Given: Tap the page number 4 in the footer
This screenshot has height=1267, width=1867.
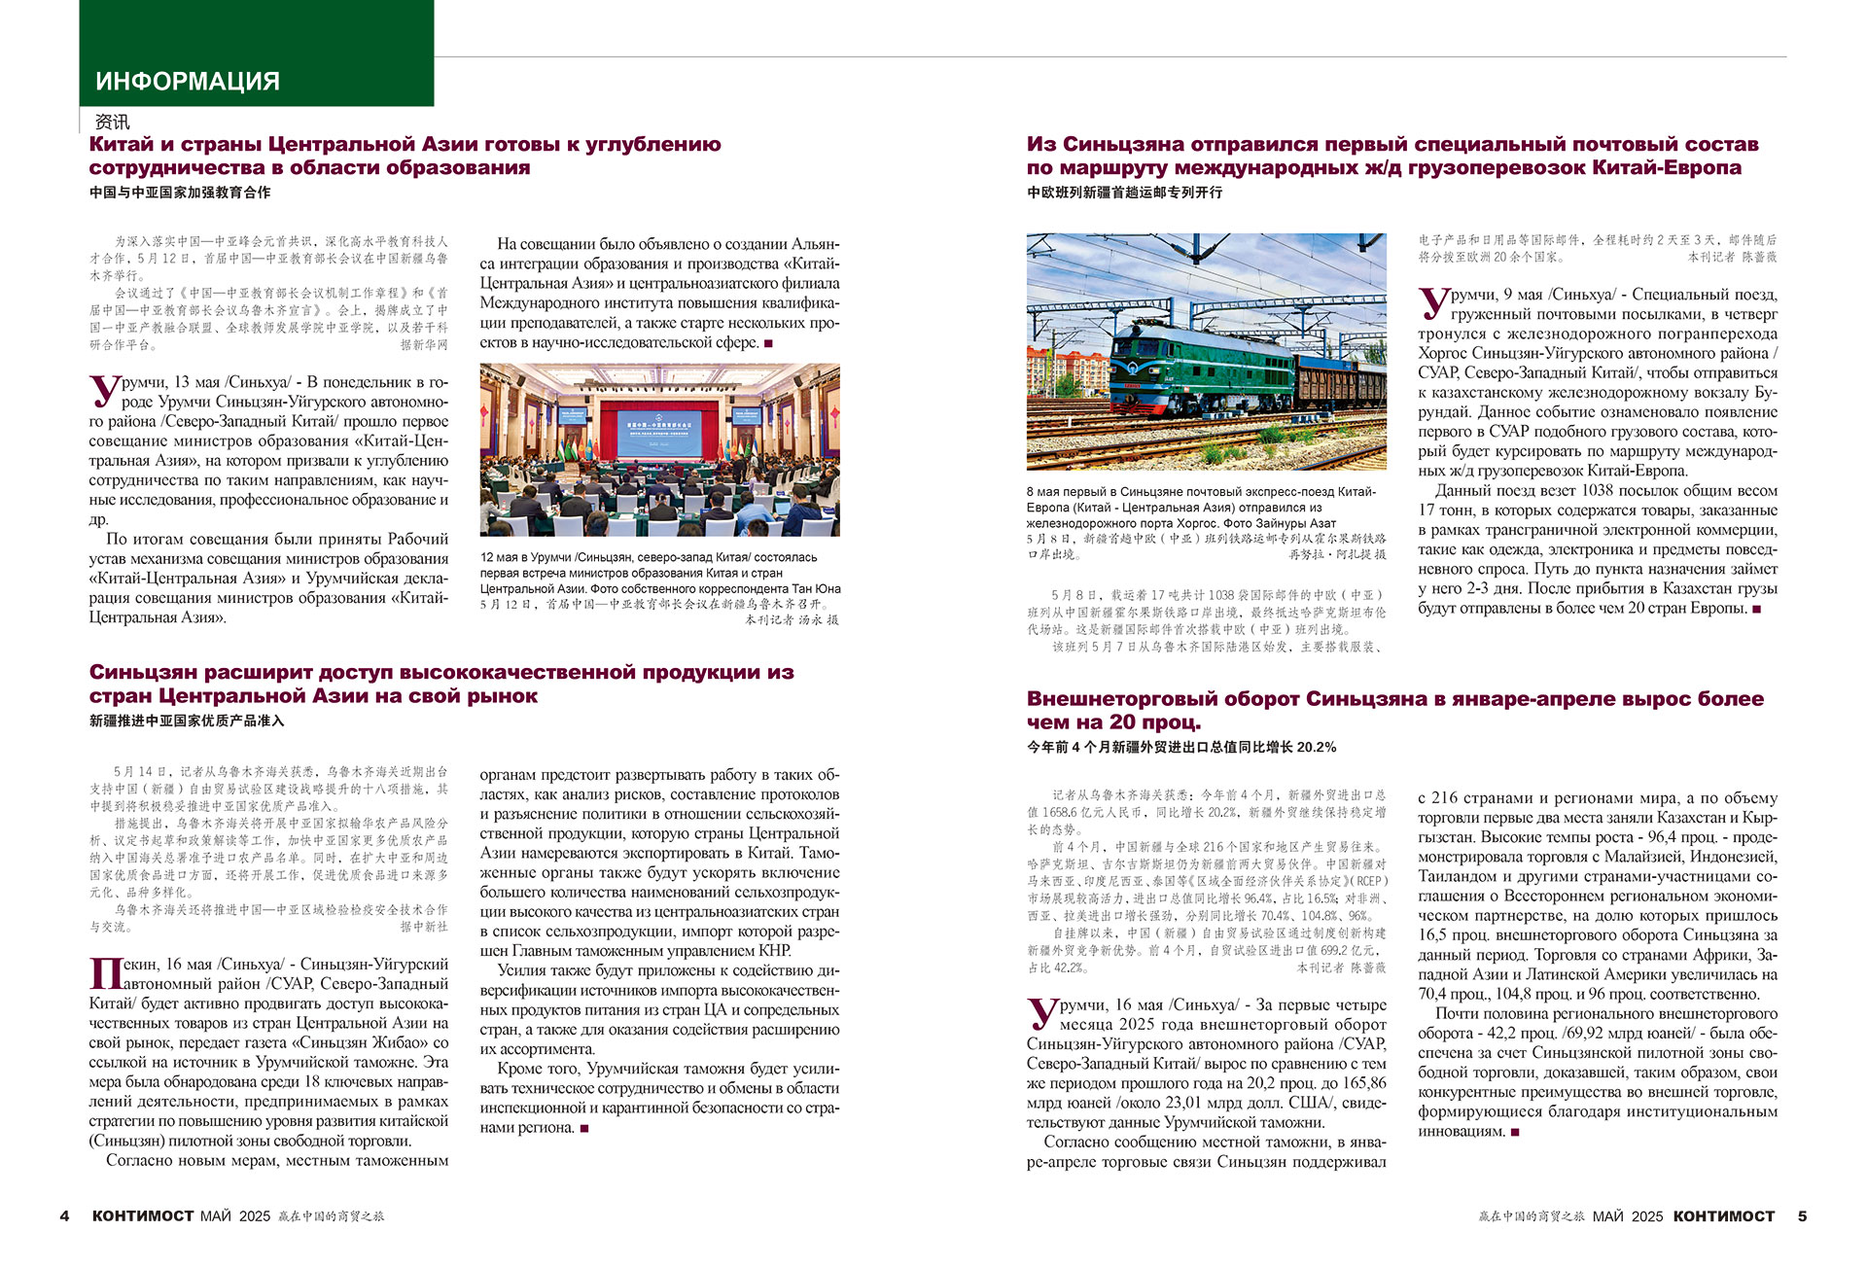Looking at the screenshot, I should pos(64,1215).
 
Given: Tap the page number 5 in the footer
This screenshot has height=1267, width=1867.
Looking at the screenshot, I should pos(1802,1215).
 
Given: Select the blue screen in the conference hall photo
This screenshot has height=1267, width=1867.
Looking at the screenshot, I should pos(660,427).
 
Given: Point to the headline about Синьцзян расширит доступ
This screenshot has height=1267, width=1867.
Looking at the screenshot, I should pos(441,684).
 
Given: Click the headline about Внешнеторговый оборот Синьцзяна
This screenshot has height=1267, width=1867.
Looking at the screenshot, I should pos(1394,710).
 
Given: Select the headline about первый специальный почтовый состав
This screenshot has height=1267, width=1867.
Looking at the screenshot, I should pos(1392,156).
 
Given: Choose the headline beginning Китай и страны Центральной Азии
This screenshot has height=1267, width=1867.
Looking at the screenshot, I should pos(405,156).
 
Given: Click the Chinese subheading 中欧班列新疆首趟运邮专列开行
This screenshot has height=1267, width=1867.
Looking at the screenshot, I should pos(1124,193).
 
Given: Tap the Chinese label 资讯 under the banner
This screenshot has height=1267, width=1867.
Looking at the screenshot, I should pos(112,122).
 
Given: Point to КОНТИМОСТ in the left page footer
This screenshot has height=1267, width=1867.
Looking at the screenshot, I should pos(143,1215).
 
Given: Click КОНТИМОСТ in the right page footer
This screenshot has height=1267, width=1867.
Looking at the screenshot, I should pos(1723,1215).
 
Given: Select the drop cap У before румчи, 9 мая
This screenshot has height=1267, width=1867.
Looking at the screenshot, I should pos(1432,302).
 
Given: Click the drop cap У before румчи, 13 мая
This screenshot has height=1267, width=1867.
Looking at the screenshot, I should pos(103,391).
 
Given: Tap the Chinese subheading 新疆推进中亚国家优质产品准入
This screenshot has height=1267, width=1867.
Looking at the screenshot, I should pos(187,721).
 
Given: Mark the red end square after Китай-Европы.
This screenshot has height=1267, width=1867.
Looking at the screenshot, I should pos(1756,609).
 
